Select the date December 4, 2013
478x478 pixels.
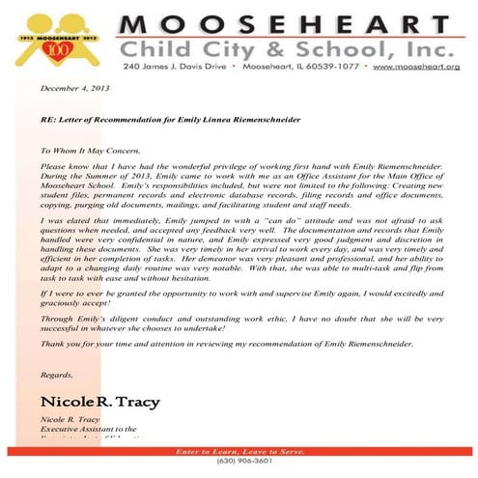click(75, 88)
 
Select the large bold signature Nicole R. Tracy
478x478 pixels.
click(99, 400)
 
